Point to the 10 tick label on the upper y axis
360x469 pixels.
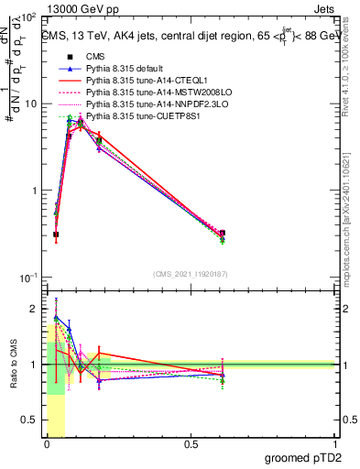tap(33, 104)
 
